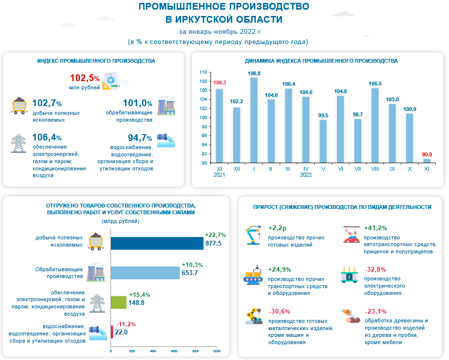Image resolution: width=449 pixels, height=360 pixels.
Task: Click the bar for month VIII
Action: [x=375, y=125]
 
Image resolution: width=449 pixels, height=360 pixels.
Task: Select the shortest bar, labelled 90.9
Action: [x=427, y=161]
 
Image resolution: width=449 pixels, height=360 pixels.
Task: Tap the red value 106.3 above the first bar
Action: [x=219, y=83]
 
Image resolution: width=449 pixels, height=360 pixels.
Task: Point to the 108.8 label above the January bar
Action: [x=254, y=73]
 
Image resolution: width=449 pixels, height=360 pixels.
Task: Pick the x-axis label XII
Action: [x=237, y=169]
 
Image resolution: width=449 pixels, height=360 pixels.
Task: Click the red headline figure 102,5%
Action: [x=84, y=78]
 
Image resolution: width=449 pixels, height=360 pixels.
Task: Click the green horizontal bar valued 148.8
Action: [x=119, y=302]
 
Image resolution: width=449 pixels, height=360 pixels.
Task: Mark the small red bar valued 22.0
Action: [x=112, y=332]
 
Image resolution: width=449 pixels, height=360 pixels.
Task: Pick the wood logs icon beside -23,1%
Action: [x=351, y=316]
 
